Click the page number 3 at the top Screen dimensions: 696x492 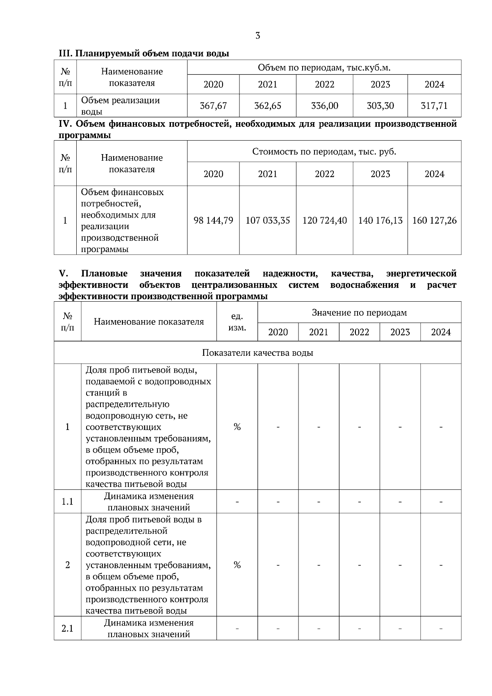tap(257, 36)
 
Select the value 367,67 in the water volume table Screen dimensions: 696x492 tap(213, 106)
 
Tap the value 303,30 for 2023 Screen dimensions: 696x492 tap(380, 106)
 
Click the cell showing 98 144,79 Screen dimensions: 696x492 tap(213, 221)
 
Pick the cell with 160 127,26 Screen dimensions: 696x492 tap(434, 221)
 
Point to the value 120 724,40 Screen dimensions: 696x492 tap(324, 221)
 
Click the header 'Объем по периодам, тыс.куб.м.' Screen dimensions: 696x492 tap(324, 68)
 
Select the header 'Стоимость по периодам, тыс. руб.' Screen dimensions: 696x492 tap(324, 152)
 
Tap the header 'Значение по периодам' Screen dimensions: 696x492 tap(359, 313)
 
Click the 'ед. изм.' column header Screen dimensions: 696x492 tap(237, 322)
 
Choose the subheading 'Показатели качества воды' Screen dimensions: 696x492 tap(257, 353)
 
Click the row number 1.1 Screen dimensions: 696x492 tap(67, 502)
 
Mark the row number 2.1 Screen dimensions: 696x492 tap(67, 628)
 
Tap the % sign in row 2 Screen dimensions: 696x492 tap(237, 565)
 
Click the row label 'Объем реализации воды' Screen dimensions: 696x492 tap(120, 106)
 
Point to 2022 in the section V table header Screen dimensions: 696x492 tap(359, 332)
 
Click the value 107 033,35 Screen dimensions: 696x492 tap(268, 221)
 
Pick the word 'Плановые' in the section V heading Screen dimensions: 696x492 tap(104, 273)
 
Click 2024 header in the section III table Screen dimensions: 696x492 tap(434, 84)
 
